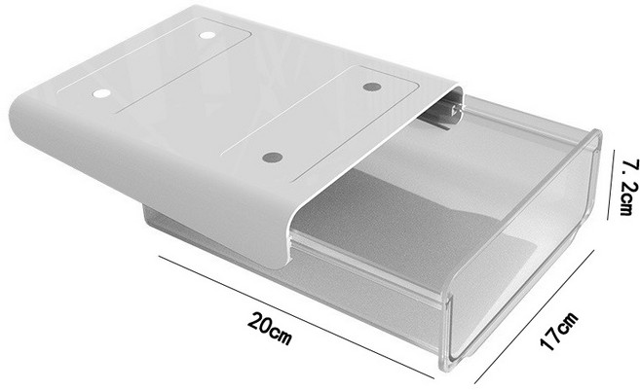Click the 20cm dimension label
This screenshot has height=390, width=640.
pos(270,328)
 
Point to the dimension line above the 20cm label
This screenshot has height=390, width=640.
pos(296,317)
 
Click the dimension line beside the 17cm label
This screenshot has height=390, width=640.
pos(535,317)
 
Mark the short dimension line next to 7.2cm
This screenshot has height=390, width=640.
pos(611,184)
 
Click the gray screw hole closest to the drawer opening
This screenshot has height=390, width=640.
pos(273,158)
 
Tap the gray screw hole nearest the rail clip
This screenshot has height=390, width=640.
pos(371,87)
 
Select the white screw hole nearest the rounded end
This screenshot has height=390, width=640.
pos(101,93)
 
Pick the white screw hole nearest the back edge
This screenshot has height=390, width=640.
pos(207,35)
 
